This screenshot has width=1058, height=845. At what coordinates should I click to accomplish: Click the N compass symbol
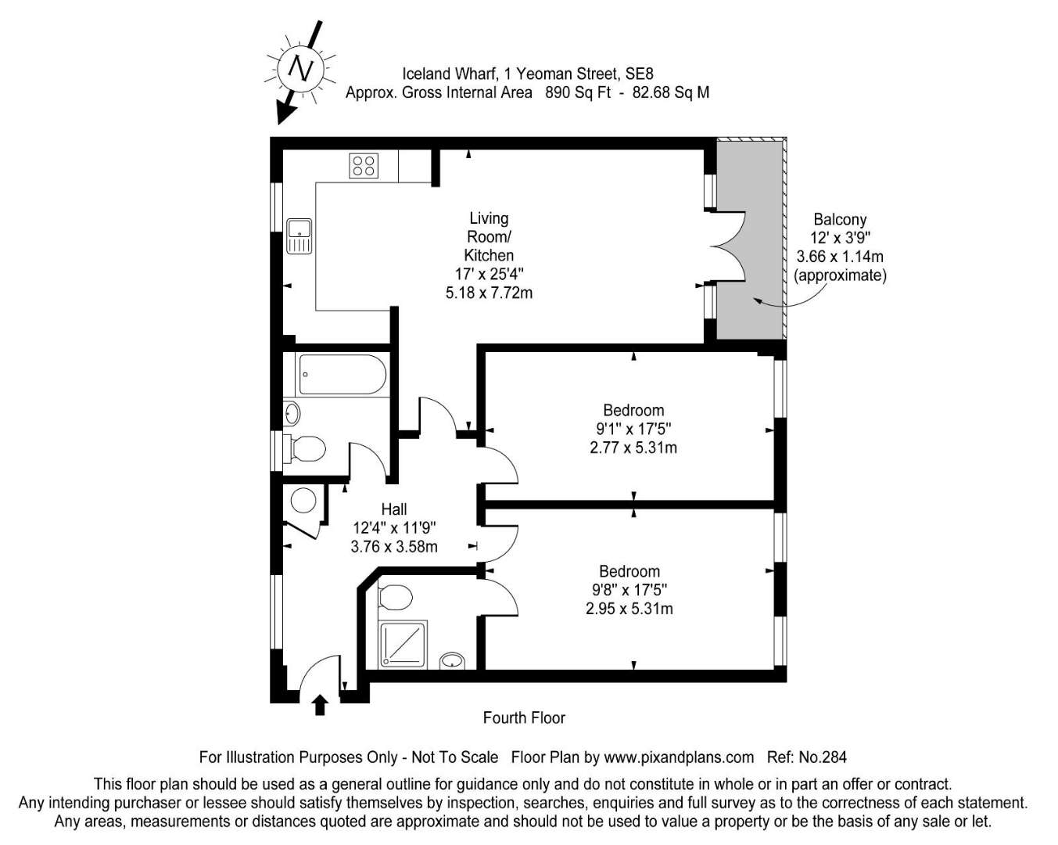(x=300, y=69)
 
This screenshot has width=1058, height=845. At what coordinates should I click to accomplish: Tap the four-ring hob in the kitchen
(x=364, y=166)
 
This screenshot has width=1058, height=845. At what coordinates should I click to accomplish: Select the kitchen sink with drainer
(x=299, y=236)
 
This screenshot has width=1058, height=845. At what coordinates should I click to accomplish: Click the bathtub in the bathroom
(x=343, y=375)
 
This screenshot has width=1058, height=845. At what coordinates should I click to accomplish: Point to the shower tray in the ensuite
(x=403, y=645)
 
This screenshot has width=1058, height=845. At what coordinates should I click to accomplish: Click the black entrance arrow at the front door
(x=320, y=704)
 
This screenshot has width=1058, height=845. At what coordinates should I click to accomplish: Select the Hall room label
(x=394, y=509)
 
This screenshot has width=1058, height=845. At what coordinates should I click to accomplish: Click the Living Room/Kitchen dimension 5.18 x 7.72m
(x=489, y=293)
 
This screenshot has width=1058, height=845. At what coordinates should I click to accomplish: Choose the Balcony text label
(x=840, y=219)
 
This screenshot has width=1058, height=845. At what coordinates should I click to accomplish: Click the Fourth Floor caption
(x=524, y=718)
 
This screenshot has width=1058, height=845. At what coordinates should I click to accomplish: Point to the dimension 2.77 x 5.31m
(x=633, y=448)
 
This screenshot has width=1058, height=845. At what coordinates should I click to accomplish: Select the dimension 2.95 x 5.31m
(x=629, y=609)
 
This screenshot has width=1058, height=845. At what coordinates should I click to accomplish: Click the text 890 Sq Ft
(x=578, y=92)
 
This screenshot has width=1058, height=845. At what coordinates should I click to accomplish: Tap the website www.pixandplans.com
(x=679, y=757)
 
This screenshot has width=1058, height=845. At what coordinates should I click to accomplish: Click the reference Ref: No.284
(x=807, y=757)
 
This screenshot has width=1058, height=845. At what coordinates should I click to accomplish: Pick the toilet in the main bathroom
(x=308, y=449)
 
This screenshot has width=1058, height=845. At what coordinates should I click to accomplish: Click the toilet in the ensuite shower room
(x=395, y=598)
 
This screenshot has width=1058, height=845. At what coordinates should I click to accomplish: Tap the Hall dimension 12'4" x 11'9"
(x=395, y=528)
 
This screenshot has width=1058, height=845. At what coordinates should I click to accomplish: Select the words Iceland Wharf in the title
(x=448, y=74)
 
